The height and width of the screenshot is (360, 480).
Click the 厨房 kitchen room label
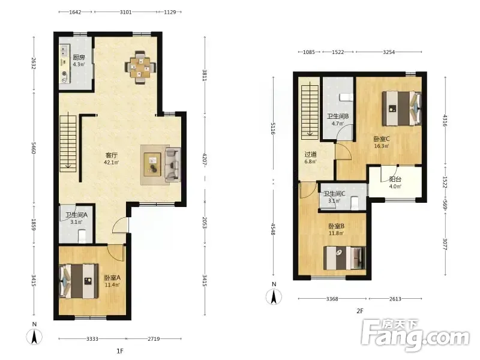pyautogui.click(x=79, y=57)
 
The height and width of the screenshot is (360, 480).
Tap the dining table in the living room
pyautogui.click(x=140, y=68)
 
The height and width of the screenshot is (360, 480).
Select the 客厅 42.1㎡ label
pyautogui.click(x=112, y=159)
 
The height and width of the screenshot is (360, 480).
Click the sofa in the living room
pyautogui.click(x=173, y=164)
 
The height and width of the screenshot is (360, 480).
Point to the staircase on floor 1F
pyautogui.click(x=68, y=143)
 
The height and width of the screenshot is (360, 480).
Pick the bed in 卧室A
pyautogui.click(x=79, y=281)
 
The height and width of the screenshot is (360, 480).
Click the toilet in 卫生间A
pyautogui.click(x=82, y=236)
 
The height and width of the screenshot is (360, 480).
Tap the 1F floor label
pyautogui.click(x=120, y=351)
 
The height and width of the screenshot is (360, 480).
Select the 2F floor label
pyautogui.click(x=359, y=311)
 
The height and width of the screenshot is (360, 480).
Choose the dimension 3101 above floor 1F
pyautogui.click(x=125, y=12)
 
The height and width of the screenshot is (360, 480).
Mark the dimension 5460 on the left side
pyautogui.click(x=34, y=148)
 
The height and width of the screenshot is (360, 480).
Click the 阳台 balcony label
pyautogui.click(x=395, y=179)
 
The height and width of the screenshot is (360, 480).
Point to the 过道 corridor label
pyautogui.click(x=310, y=155)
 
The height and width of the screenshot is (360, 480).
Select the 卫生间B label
pyautogui.click(x=338, y=116)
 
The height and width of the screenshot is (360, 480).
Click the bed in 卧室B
pyautogui.click(x=344, y=258)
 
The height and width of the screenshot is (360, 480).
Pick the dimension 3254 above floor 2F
pyautogui.click(x=389, y=52)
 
